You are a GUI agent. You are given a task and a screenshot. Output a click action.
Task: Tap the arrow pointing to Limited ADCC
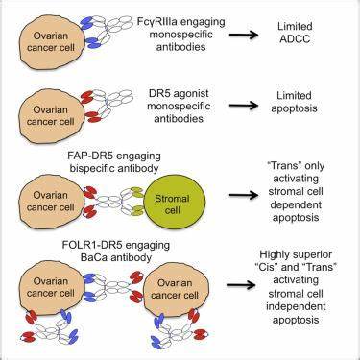(243, 34)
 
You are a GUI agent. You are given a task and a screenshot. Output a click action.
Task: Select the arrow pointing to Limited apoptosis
(243, 105)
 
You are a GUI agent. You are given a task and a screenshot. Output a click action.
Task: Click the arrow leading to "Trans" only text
(243, 194)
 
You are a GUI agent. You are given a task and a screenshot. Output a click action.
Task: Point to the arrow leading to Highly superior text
(241, 285)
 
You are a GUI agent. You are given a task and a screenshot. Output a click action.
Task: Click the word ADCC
(295, 39)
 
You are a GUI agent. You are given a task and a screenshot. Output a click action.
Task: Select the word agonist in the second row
(190, 94)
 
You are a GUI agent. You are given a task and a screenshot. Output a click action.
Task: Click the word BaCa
(95, 257)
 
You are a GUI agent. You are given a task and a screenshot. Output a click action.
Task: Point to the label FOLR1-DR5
(91, 246)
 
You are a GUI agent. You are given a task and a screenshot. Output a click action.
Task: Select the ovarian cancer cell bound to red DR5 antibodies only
(51, 116)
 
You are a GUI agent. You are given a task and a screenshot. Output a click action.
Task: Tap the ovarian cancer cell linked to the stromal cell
(51, 202)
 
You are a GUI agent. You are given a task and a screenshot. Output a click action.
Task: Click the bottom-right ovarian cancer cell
(176, 290)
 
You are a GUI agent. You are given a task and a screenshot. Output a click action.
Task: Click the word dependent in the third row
(296, 204)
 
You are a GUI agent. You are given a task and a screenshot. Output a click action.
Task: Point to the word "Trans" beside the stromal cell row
(280, 166)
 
